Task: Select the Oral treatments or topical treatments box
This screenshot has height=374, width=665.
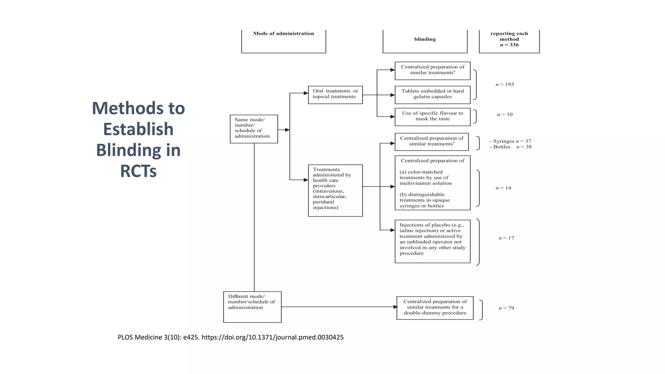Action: tap(335, 94)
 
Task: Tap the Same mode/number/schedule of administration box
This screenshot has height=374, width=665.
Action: tap(254, 129)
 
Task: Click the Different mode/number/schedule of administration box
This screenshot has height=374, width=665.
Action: tap(252, 306)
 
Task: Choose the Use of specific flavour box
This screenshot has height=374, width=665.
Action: tap(432, 117)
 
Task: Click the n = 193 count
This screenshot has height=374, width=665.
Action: tap(505, 84)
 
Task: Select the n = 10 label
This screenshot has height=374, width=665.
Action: tap(505, 115)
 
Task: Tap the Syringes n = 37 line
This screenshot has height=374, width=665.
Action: tap(510, 141)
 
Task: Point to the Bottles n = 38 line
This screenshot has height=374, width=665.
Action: tap(510, 147)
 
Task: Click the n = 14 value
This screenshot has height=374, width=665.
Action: tap(503, 188)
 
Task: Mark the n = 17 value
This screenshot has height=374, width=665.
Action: tap(506, 238)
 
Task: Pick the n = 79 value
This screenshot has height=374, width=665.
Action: tap(506, 308)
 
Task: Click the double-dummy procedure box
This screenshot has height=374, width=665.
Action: tap(435, 307)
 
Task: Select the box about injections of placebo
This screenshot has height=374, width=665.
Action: tap(432, 241)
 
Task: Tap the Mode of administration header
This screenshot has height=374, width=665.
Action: tap(283, 34)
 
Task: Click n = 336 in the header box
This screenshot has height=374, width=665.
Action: tap(509, 45)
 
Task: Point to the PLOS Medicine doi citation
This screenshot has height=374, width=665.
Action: tap(231, 337)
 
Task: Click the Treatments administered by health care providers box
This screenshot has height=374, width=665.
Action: tap(335, 190)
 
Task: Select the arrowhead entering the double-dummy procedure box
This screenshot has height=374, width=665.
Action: tap(395, 307)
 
